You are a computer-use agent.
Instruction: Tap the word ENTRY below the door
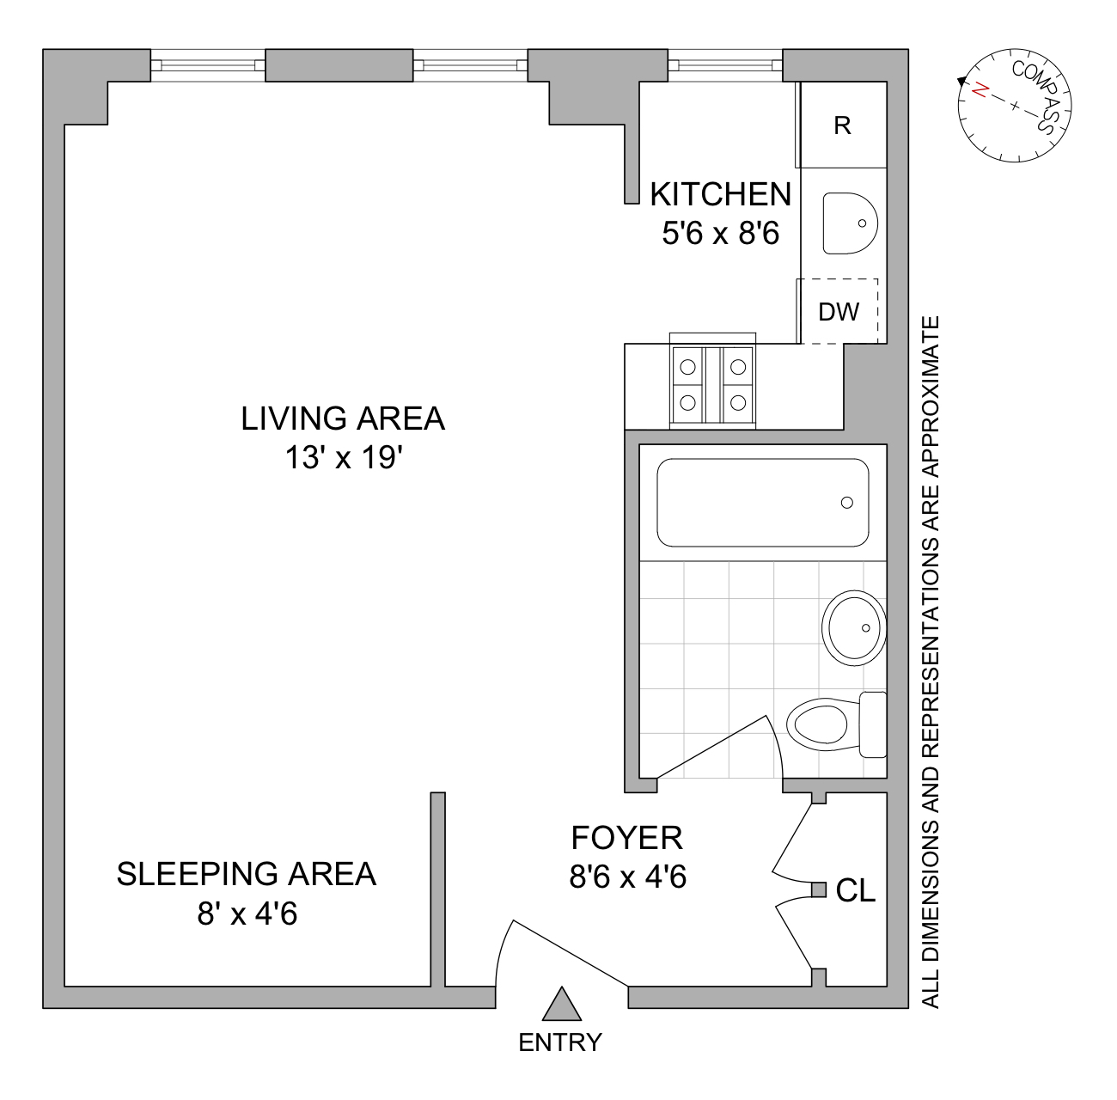560,1042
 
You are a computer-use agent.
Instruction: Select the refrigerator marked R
844,125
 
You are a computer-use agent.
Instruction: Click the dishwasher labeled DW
839,312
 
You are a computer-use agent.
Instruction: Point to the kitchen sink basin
850,223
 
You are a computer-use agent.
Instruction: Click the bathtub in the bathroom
763,503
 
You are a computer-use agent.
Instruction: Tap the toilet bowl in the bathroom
817,724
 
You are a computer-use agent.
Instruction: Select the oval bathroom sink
854,628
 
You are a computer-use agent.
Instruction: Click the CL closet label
856,890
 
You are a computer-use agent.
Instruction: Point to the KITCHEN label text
721,194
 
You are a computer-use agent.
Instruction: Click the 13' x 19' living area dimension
344,458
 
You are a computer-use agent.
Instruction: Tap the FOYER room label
627,837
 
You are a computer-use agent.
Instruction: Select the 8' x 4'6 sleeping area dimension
247,914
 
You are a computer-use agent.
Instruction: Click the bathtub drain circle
847,503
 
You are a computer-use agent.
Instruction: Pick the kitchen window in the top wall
725,65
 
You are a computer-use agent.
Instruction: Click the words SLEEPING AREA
247,874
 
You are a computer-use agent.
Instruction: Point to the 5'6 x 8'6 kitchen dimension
721,235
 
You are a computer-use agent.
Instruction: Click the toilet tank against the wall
873,724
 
